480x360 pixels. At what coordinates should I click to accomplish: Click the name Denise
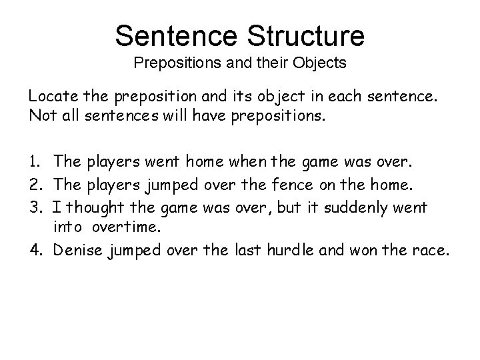(x=79, y=251)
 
